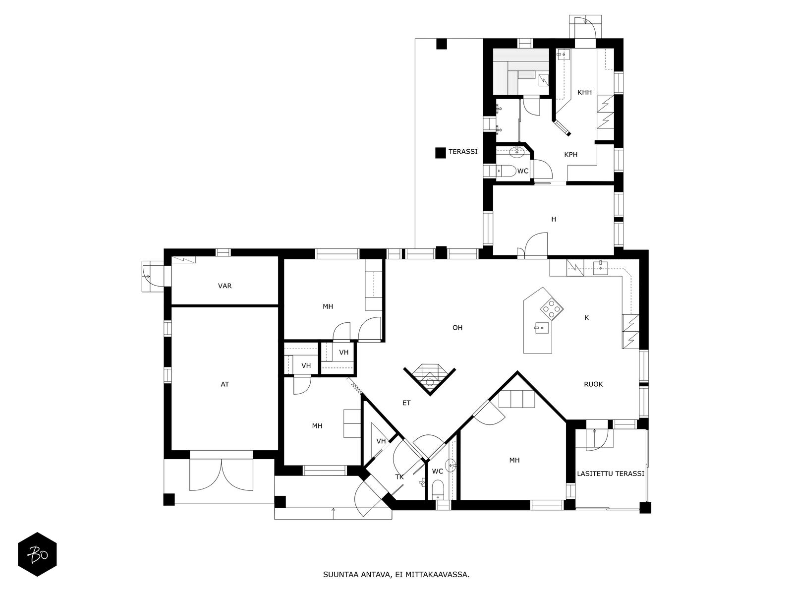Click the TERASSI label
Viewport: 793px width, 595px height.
[x=463, y=152]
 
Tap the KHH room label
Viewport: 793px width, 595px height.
[x=584, y=93]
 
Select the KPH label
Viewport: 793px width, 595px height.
[x=570, y=155]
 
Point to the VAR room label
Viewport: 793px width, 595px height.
[x=225, y=286]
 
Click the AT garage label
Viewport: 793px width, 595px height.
[x=225, y=384]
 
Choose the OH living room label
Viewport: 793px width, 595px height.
[x=457, y=328]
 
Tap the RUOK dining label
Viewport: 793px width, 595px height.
[x=593, y=384]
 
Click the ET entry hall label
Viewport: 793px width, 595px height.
[x=406, y=403]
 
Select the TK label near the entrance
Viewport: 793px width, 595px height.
[x=399, y=477]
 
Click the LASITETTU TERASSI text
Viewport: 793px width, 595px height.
[x=611, y=474]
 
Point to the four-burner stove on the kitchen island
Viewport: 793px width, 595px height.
[x=552, y=309]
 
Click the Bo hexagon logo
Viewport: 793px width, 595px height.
[x=38, y=554]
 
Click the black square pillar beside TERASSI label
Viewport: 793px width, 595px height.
[x=441, y=153]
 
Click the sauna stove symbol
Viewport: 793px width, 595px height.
[x=543, y=80]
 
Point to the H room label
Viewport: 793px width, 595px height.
[x=554, y=219]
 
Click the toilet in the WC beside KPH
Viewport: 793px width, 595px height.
[x=507, y=171]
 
